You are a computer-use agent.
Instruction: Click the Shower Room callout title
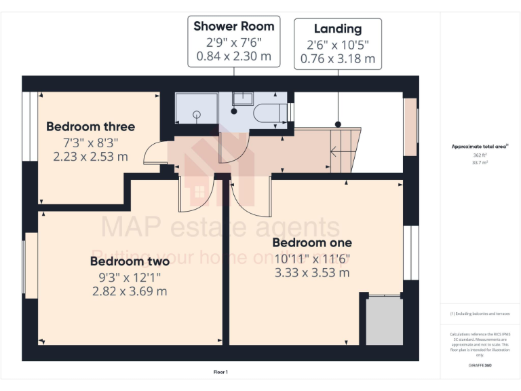tap(234, 26)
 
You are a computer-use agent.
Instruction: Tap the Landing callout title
tap(337, 29)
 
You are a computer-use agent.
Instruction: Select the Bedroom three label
tap(90, 126)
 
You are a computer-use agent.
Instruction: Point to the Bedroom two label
tap(130, 261)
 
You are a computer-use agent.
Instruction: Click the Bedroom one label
tap(312, 242)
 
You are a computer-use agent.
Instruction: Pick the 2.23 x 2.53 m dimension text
tap(90, 157)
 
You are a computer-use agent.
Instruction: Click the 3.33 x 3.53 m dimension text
tap(312, 273)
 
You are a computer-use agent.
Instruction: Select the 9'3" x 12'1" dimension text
tap(130, 276)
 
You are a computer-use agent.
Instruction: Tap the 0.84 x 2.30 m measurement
tap(234, 56)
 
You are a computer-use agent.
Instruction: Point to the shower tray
tap(196, 109)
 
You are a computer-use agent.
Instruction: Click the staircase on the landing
tap(343, 150)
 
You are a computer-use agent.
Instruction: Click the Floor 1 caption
tap(220, 372)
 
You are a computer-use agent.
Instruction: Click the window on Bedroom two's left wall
tap(31, 265)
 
